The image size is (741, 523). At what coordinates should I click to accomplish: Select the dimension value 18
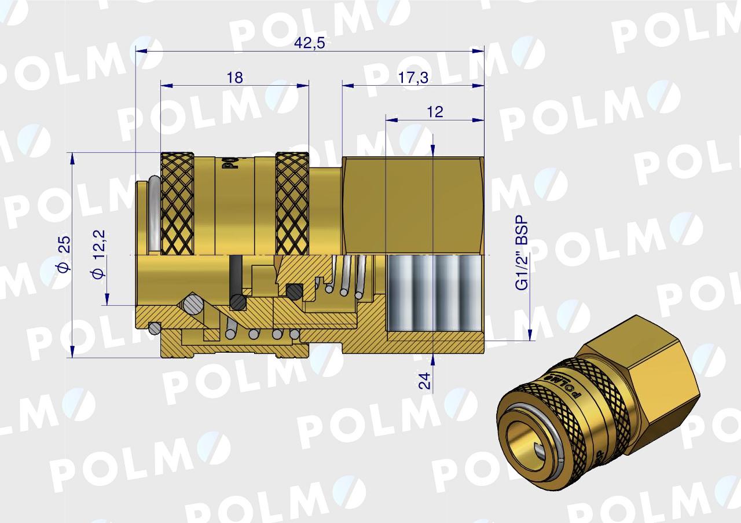click(234, 78)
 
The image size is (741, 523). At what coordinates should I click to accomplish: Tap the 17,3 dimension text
click(413, 78)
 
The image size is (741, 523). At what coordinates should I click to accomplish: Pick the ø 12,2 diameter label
click(99, 254)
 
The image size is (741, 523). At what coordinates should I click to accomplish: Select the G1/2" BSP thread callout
click(522, 253)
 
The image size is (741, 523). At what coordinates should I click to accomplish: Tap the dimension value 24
click(424, 381)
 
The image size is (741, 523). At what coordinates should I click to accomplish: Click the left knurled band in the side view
click(177, 203)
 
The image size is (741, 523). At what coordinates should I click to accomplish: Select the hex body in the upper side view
click(412, 206)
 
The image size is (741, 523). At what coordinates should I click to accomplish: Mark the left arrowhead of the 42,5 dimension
click(139, 52)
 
